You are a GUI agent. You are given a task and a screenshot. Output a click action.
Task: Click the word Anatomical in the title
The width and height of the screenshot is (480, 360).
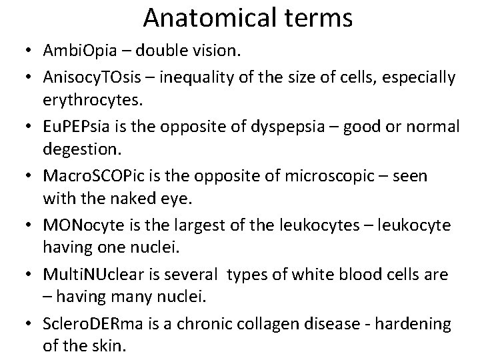click(202, 18)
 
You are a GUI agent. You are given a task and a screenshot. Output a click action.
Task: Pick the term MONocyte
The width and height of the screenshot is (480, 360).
click(84, 224)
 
